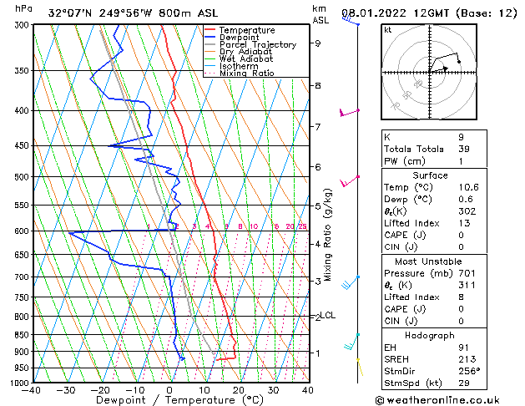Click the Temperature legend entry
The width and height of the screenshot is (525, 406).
pos(247,30)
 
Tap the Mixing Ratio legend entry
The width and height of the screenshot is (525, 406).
pos(247,74)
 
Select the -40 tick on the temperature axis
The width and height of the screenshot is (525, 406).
pos(33,390)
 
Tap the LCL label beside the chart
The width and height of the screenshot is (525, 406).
pos(328,316)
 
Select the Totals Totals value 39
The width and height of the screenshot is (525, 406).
pos(462,149)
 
